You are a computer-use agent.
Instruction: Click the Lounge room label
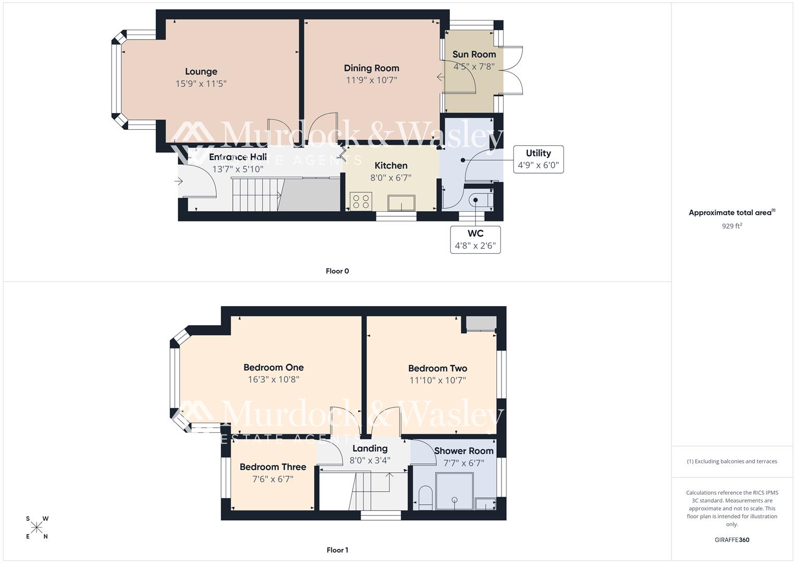click(x=201, y=71)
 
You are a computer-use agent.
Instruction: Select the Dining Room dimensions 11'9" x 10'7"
click(x=371, y=80)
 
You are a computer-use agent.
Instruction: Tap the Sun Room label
click(x=474, y=54)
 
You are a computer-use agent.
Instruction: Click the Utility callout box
click(x=538, y=159)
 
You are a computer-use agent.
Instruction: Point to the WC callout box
click(x=475, y=240)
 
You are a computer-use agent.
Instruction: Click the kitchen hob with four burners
click(x=360, y=201)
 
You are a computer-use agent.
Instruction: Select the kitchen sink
click(x=401, y=202)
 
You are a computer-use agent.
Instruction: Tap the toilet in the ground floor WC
click(x=480, y=200)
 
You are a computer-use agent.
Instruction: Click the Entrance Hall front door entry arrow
click(x=179, y=181)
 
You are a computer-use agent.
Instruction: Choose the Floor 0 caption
click(x=337, y=271)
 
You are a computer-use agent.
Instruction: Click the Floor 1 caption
click(x=337, y=550)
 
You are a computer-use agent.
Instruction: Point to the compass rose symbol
click(x=36, y=528)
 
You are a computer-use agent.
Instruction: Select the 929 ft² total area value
click(x=732, y=226)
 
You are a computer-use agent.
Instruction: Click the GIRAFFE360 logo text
click(x=732, y=540)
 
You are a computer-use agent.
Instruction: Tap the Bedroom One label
click(x=273, y=368)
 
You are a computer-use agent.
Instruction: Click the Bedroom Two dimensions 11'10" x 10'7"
click(x=437, y=381)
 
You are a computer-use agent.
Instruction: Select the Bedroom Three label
click(x=273, y=467)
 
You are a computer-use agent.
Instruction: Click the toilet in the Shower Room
click(x=425, y=498)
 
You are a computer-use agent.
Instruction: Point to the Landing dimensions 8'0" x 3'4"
click(x=370, y=461)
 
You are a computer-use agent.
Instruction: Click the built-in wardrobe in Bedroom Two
click(x=481, y=324)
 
